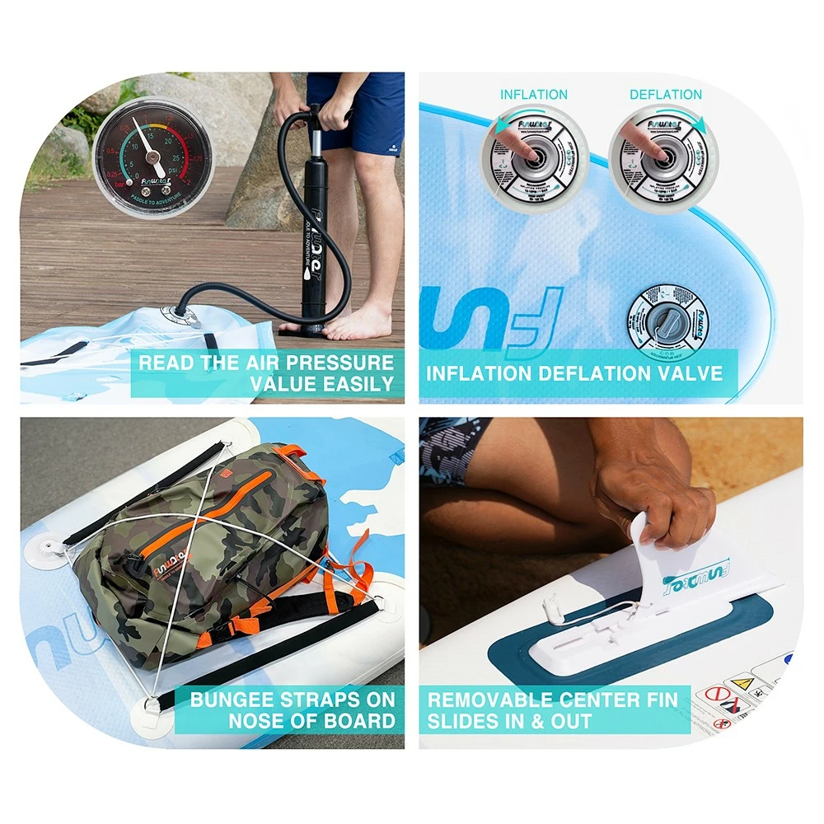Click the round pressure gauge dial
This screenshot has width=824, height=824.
153,158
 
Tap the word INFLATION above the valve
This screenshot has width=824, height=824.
534,95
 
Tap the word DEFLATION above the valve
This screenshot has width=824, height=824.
666,95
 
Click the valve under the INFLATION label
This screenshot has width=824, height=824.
534,157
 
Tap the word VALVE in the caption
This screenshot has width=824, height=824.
689,373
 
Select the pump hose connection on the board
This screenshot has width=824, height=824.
177,314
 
